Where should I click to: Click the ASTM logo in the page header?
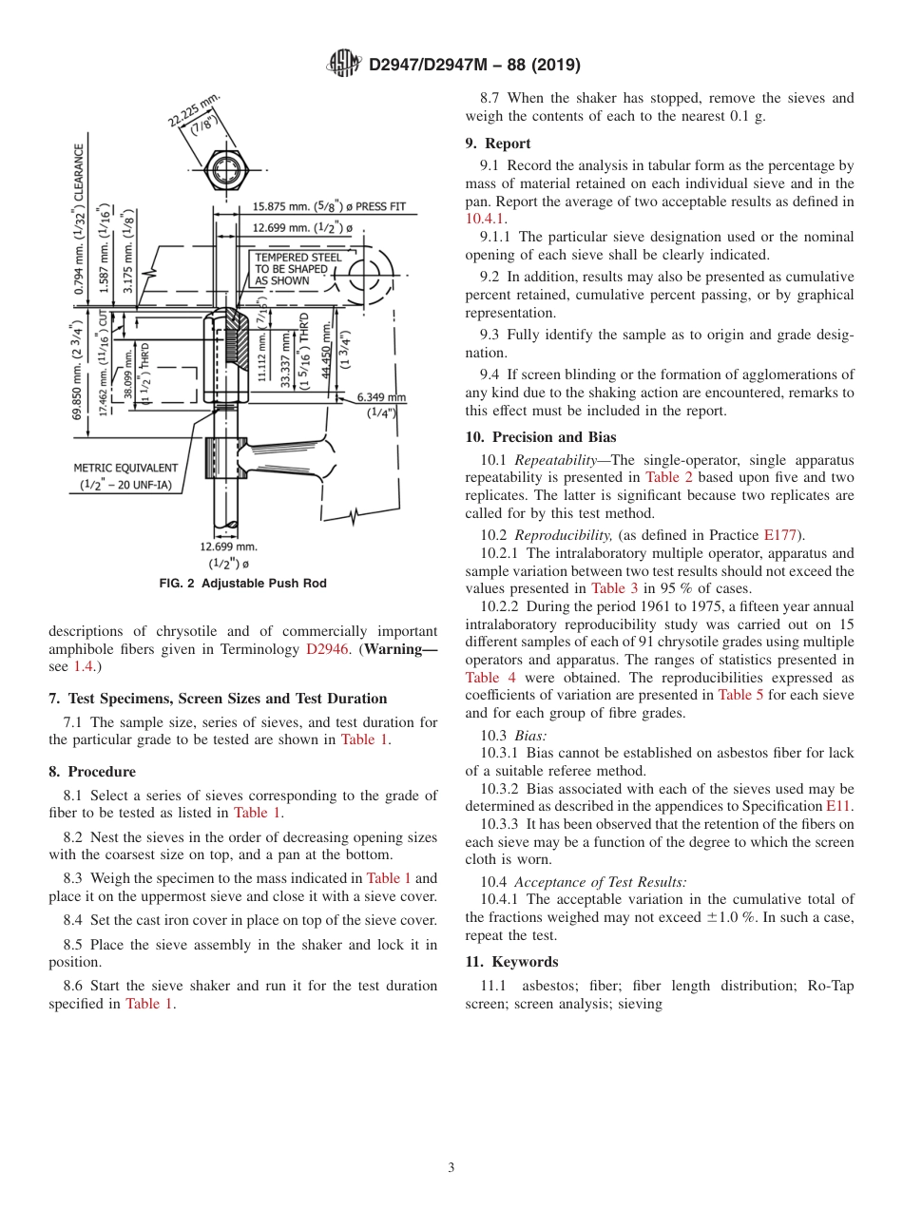(344, 64)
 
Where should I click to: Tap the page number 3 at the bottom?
(451, 1167)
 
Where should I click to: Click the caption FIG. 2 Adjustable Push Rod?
(242, 584)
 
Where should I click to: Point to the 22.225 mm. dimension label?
(193, 112)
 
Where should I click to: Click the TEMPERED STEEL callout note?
(297, 269)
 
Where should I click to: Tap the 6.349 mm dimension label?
(381, 397)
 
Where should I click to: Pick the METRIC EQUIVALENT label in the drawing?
(125, 468)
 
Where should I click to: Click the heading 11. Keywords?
(511, 962)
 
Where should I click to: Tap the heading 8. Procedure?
(92, 772)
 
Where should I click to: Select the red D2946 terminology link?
(325, 649)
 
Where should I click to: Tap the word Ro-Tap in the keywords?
(831, 986)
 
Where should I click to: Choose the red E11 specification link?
(838, 805)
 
